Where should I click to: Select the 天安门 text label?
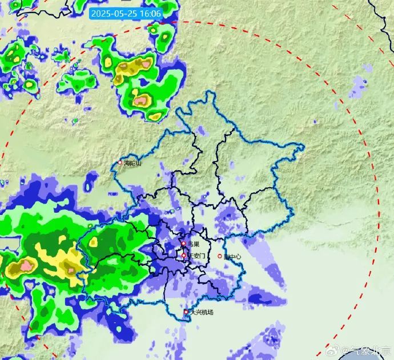(x=196, y=256)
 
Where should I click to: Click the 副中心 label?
(x=232, y=257)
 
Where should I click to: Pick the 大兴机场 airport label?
(x=202, y=312)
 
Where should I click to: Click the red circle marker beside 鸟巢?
(x=183, y=244)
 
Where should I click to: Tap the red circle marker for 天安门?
(x=183, y=256)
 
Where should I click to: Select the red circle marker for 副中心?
(x=220, y=256)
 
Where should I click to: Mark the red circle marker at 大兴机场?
(x=186, y=312)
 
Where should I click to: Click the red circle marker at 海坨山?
(x=120, y=162)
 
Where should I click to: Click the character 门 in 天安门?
(x=202, y=256)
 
